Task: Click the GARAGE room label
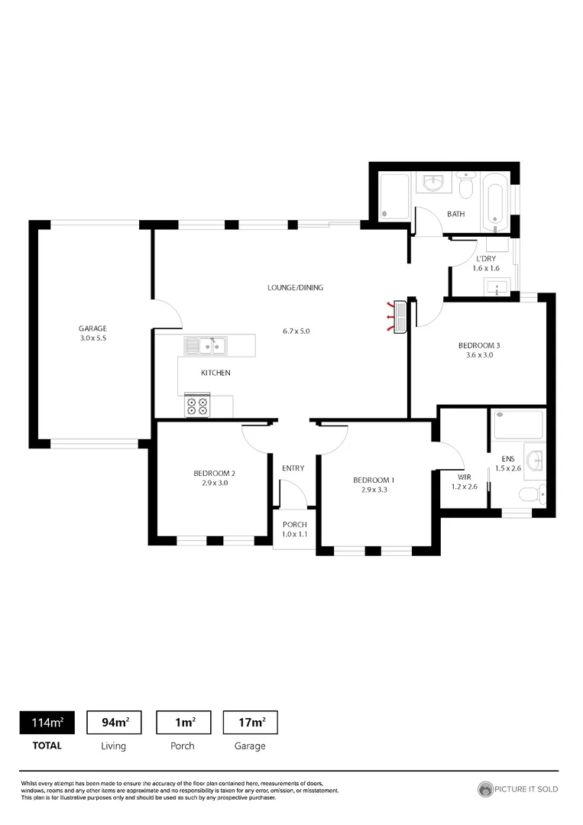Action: pyautogui.click(x=92, y=328)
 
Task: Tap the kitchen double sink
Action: pyautogui.click(x=204, y=346)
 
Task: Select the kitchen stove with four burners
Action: pyautogui.click(x=197, y=405)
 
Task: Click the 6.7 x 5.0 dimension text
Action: pyautogui.click(x=296, y=332)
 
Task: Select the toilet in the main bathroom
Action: pyautogui.click(x=467, y=184)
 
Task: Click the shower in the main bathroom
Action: pyautogui.click(x=394, y=197)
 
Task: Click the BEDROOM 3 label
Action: pyautogui.click(x=478, y=345)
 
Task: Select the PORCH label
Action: pyautogui.click(x=294, y=525)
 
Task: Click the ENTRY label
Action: pyautogui.click(x=293, y=468)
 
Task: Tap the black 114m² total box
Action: pyautogui.click(x=47, y=722)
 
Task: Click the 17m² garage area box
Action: pyautogui.click(x=250, y=722)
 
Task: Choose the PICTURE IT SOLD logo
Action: pyautogui.click(x=517, y=788)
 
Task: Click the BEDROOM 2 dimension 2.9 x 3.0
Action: pyautogui.click(x=214, y=483)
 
